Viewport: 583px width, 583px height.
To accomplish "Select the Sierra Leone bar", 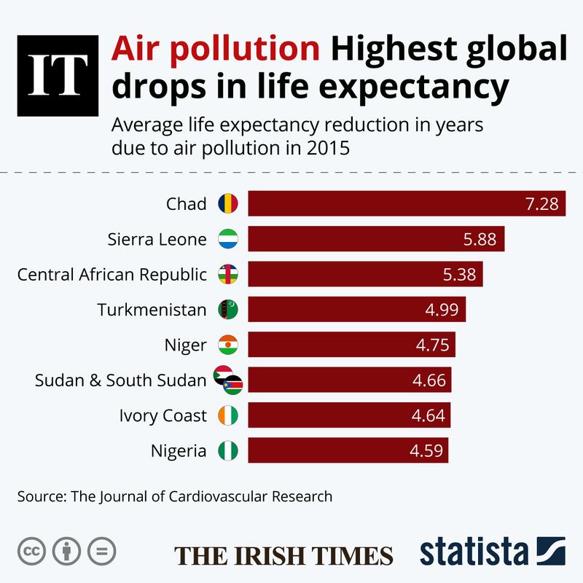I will point(376,238).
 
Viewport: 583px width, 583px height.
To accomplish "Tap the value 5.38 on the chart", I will point(459,274).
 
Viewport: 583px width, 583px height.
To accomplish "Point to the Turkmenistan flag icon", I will point(229,310).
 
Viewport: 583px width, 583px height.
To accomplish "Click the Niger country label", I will point(187,345).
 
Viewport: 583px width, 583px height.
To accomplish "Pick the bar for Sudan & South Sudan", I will point(350,380).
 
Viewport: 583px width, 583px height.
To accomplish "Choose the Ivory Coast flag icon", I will point(229,415).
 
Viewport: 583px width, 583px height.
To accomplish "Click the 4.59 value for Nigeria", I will point(425,450).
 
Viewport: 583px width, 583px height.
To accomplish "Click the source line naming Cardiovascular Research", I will point(175,497).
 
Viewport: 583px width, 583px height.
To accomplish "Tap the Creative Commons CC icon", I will point(31,551).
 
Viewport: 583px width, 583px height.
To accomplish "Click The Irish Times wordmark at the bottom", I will point(283,553).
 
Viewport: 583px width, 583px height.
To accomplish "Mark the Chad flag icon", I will point(229,203).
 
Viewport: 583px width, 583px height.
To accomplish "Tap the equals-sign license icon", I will point(101,551).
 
